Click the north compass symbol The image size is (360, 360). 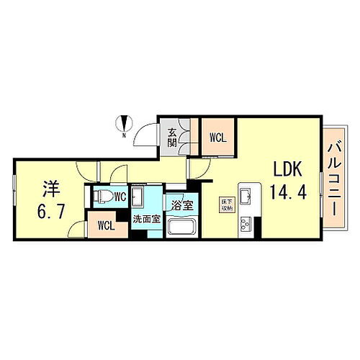coord(124,123)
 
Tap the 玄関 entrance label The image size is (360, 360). coord(173,137)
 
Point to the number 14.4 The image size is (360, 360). coord(286,192)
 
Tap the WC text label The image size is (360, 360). coord(119,197)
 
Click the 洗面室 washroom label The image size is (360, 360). coord(145,218)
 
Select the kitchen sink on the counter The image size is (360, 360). coord(246,195)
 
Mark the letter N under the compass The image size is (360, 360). coord(124,135)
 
